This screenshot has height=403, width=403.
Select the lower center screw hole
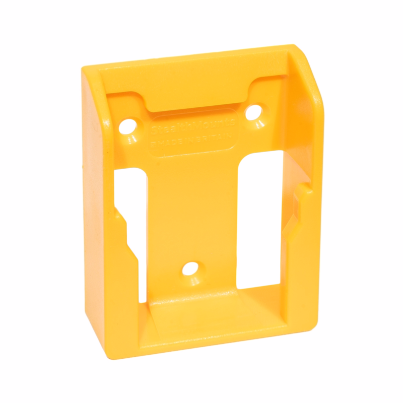191,267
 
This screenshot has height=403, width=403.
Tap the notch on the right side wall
302,191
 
